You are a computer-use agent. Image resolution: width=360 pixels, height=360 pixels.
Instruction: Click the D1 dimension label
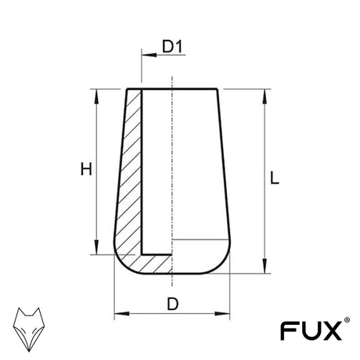[x=172, y=46]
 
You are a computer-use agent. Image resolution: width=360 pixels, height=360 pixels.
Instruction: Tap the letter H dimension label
[x=86, y=169]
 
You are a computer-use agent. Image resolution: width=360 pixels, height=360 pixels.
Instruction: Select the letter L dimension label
[x=275, y=178]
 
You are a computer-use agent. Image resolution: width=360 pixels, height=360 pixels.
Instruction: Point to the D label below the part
[x=173, y=304]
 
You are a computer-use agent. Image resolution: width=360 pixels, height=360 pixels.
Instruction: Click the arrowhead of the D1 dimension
[x=149, y=55]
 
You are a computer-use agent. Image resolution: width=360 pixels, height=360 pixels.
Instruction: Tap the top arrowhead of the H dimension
[x=96, y=97]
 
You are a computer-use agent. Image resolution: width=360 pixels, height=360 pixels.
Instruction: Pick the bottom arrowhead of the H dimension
[x=96, y=247]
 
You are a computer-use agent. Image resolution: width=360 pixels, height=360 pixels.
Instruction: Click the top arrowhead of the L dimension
[x=265, y=97]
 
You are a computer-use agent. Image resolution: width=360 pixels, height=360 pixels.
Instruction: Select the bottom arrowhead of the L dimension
[x=265, y=266]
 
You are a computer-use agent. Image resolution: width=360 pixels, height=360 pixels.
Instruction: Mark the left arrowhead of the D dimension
[x=122, y=313]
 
